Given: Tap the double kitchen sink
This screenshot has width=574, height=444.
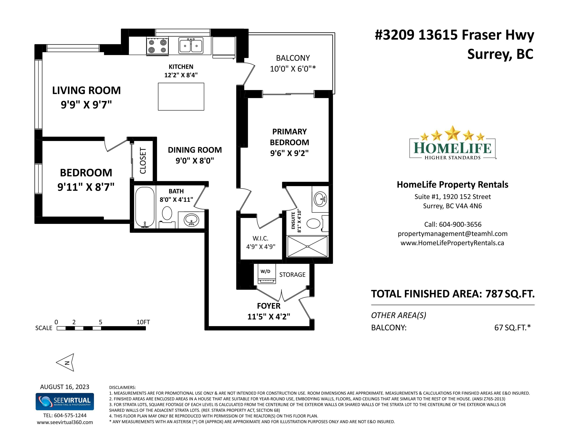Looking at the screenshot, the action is click(x=191, y=45).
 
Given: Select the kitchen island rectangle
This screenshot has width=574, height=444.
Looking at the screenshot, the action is click(x=181, y=97).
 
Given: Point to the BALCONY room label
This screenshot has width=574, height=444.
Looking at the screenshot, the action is click(x=293, y=58).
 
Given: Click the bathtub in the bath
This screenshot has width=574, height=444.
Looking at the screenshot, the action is click(x=145, y=207).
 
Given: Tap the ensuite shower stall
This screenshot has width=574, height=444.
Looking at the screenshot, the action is click(x=308, y=246).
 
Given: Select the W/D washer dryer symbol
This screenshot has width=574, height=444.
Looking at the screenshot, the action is click(x=267, y=274).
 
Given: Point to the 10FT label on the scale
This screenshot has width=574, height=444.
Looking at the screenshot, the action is click(x=143, y=322).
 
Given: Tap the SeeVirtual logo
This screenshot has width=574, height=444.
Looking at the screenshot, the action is click(x=65, y=402).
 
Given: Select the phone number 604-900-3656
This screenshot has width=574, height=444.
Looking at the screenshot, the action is click(x=460, y=224).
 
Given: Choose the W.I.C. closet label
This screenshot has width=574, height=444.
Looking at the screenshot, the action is click(x=261, y=238).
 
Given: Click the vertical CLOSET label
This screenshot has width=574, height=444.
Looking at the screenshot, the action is click(x=143, y=161).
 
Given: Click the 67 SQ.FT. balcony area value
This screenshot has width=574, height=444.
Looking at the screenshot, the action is click(x=513, y=327).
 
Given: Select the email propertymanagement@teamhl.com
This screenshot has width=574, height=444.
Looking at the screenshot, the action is click(x=452, y=234).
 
